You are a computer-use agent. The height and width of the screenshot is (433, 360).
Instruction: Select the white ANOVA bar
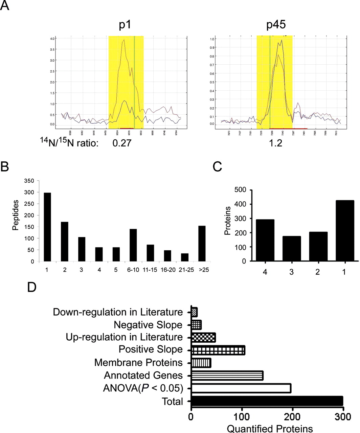pyautogui.click(x=241, y=388)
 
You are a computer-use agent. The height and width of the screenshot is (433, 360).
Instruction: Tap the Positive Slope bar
pyautogui.click(x=218, y=350)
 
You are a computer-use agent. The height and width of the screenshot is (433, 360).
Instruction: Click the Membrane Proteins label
pyautogui.click(x=138, y=363)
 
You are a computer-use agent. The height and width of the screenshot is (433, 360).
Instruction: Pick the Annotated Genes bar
pyautogui.click(x=227, y=375)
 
